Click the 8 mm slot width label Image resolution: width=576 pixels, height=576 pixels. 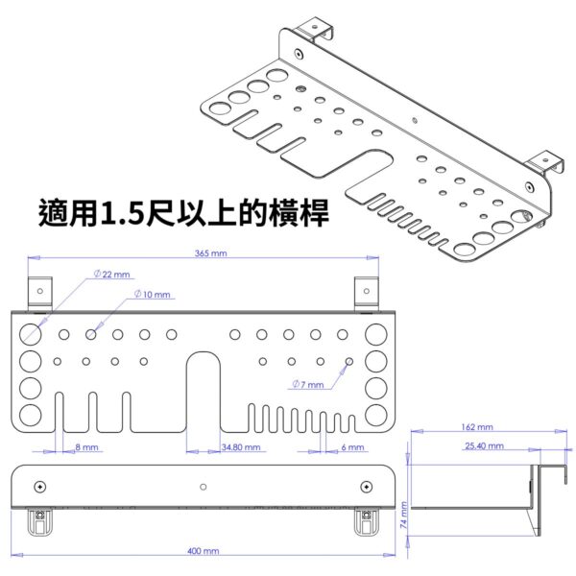85,447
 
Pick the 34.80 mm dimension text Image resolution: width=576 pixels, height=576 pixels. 239,447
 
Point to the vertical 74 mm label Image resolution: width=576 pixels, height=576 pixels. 404,518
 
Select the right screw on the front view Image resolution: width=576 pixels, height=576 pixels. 365,487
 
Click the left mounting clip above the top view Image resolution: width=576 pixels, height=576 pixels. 39,293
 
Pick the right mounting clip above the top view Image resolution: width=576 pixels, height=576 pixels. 366,293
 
